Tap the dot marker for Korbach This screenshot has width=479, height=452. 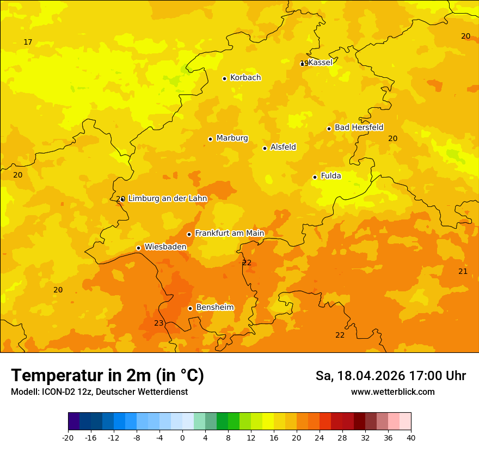click(224, 78)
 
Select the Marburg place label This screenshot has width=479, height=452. click(232, 138)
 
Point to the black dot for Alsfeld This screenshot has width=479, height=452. click(265, 148)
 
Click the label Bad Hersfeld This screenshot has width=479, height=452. click(359, 127)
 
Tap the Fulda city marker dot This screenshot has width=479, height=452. click(315, 177)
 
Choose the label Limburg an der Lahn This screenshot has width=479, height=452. click(168, 199)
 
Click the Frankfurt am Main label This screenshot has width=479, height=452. click(229, 234)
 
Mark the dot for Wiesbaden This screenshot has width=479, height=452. click(138, 248)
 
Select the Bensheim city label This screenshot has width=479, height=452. click(214, 308)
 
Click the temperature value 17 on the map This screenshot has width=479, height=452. click(28, 42)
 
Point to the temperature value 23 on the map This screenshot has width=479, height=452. click(158, 323)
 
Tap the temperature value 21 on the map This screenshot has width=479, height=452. click(463, 271)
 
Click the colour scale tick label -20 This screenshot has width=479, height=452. click(68, 437)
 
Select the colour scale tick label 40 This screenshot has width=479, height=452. click(411, 437)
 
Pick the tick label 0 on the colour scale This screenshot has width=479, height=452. click(182, 437)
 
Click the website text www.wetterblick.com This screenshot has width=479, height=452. click(392, 392)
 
